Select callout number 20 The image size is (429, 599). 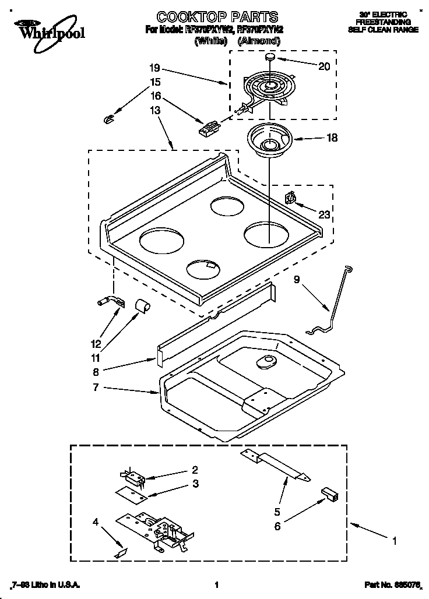tap(323, 66)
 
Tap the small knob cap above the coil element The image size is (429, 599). tap(271, 57)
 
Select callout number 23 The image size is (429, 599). tap(324, 214)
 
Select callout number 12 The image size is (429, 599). tap(96, 344)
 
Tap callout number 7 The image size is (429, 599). tap(95, 388)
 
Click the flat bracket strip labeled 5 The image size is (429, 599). tap(279, 467)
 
